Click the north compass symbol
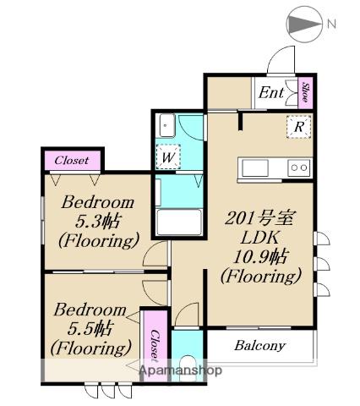pos(304,25)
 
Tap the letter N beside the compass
pos(332,24)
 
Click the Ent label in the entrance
pos(271,92)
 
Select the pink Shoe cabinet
pos(305,92)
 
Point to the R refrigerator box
pos(299,127)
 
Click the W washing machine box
pos(168,156)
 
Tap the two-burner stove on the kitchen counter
pos(299,167)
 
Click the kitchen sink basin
pos(255,168)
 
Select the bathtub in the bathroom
pos(179,222)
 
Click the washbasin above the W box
pos(166,125)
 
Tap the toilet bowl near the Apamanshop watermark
pos(188,368)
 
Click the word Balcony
pos(259,346)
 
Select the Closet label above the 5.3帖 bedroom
pos(72,160)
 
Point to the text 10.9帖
pos(260,256)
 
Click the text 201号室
pos(259,218)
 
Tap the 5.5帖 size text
pos(90,329)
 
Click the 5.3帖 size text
pos(98,221)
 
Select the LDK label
pos(259,238)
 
